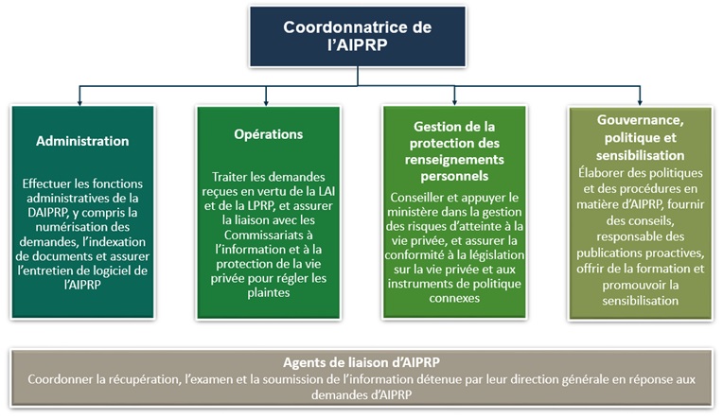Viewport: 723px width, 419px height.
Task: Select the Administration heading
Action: coord(82,141)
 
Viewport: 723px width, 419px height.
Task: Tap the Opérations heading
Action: coord(268,134)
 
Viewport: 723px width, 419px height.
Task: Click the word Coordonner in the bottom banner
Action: coord(62,379)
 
